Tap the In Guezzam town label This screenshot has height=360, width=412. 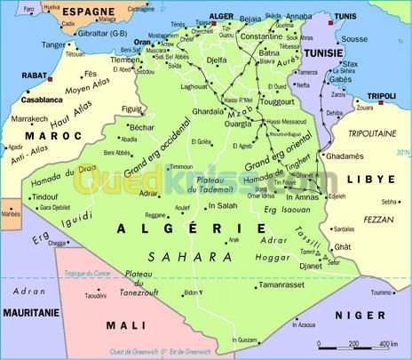pos(248,340)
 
